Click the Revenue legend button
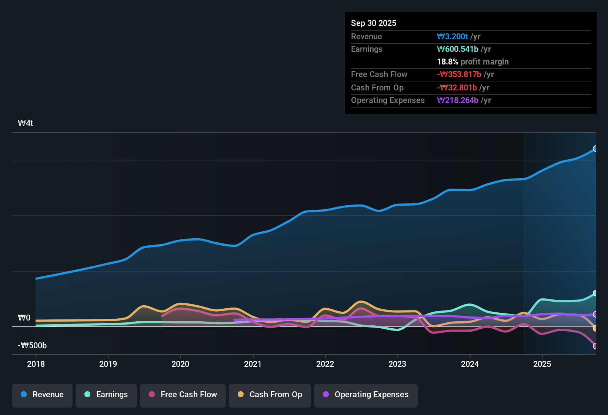tap(42, 395)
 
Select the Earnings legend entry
tap(106, 395)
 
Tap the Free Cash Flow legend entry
tap(183, 395)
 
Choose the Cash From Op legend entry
tap(270, 395)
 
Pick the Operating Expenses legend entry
tap(366, 395)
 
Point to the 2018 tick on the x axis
tap(36, 364)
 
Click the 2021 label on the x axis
tap(253, 364)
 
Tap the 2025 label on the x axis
tap(542, 364)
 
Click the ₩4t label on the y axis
tap(26, 123)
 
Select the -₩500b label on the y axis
tap(32, 346)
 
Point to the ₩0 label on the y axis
tap(24, 318)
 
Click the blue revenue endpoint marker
tap(595, 149)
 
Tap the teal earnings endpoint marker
tap(595, 293)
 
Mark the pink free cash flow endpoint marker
tap(595, 346)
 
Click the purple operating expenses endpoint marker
tap(595, 314)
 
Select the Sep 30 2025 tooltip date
tap(374, 23)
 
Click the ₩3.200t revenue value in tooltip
tap(452, 36)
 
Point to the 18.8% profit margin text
tap(473, 62)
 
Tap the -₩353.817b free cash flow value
tap(459, 74)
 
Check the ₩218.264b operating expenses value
tap(458, 100)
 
